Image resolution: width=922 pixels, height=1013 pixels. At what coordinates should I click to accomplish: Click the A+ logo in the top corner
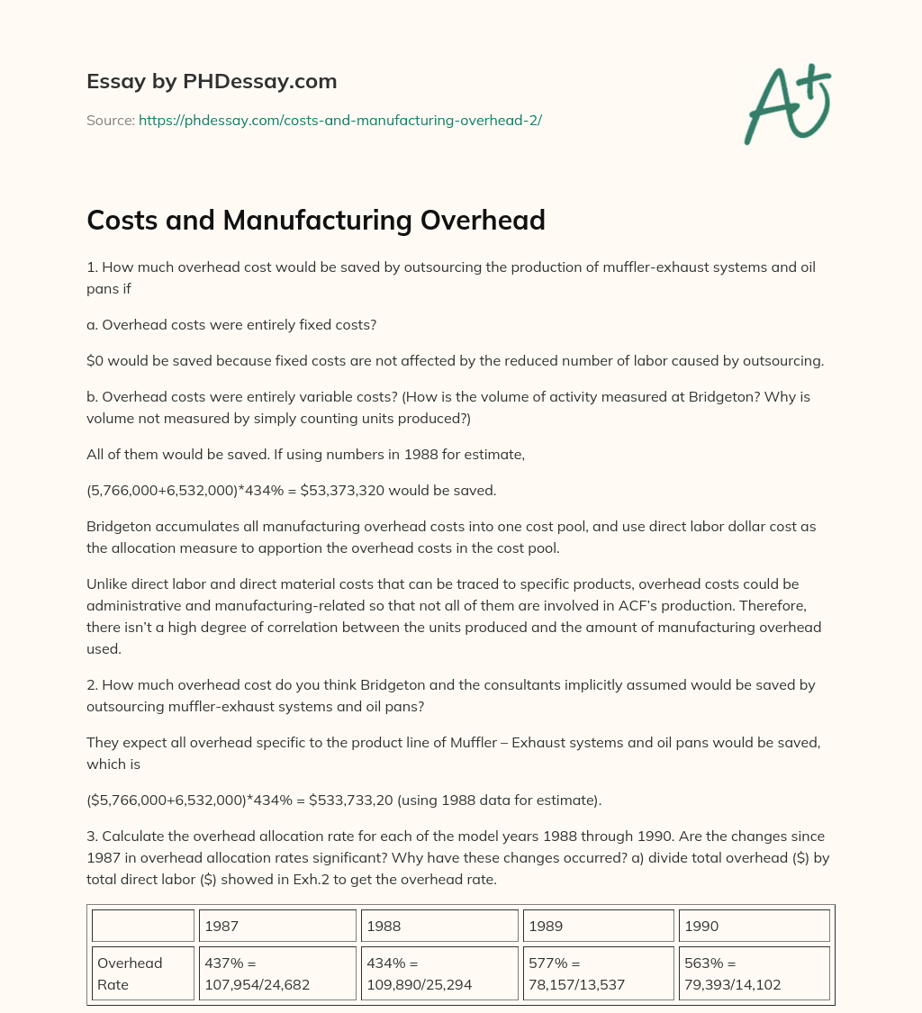pyautogui.click(x=787, y=104)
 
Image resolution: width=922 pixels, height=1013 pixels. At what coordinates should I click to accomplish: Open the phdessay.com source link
pyautogui.click(x=339, y=120)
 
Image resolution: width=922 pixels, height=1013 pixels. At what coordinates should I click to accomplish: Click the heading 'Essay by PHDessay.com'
pyautogui.click(x=212, y=82)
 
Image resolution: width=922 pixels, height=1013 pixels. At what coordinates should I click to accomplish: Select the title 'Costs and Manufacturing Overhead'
pyautogui.click(x=315, y=220)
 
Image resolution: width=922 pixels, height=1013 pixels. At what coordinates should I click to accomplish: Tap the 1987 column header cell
pyautogui.click(x=277, y=926)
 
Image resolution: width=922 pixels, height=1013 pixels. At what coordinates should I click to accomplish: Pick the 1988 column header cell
pyautogui.click(x=439, y=926)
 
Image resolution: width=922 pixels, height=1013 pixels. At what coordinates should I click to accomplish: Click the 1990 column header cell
pyautogui.click(x=754, y=926)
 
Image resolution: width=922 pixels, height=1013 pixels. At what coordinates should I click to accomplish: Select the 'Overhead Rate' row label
pyautogui.click(x=143, y=973)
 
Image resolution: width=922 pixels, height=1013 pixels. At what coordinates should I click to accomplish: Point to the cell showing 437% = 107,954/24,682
pyautogui.click(x=277, y=973)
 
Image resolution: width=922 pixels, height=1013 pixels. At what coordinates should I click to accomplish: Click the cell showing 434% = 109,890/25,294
pyautogui.click(x=439, y=973)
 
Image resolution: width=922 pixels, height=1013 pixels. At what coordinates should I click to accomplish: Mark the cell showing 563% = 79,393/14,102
pyautogui.click(x=754, y=973)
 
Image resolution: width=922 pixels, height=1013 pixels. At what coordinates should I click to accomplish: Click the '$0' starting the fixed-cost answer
pyautogui.click(x=95, y=360)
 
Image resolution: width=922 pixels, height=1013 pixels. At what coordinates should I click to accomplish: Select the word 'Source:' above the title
pyautogui.click(x=111, y=120)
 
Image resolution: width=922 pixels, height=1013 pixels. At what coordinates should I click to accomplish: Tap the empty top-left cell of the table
pyautogui.click(x=143, y=926)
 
